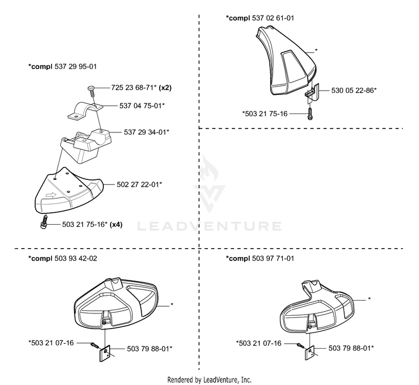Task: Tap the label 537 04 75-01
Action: coord(141,106)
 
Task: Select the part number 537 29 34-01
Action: coord(145,132)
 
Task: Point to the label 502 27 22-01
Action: coord(138,184)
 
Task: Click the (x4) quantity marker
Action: coord(116,225)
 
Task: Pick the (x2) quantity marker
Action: coord(165,88)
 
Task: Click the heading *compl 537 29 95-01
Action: coord(62,66)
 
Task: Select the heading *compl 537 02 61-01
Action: coord(260,18)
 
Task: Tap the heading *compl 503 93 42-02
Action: coord(63,259)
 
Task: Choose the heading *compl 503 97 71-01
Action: coord(260,259)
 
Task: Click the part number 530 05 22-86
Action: coord(353,91)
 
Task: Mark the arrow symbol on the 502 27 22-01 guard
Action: coord(51,195)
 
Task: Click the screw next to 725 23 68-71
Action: coord(91,92)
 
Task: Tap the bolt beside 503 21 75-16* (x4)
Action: coord(44,222)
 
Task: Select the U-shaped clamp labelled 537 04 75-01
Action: coord(84,111)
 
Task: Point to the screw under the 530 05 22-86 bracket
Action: coord(310,113)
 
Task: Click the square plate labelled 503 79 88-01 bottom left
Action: coord(105,354)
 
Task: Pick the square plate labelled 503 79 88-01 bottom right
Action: coord(310,352)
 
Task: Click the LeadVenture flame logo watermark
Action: coord(209,184)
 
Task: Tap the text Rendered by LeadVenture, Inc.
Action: coord(209,379)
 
